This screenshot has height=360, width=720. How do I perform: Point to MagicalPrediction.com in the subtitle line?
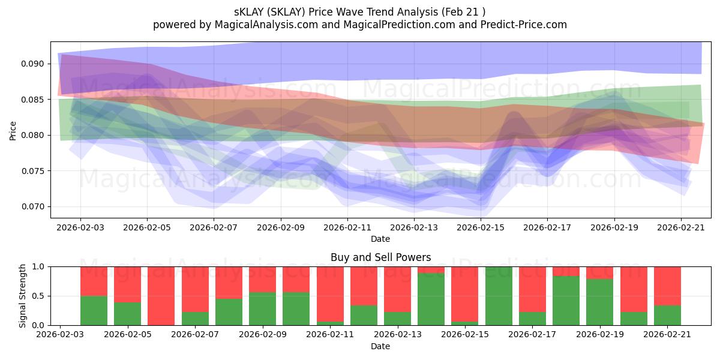[x=399, y=25]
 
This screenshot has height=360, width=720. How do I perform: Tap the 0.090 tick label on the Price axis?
[x=32, y=64]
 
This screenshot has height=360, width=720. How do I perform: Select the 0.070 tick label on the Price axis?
[x=32, y=206]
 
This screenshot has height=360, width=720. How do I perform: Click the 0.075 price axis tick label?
[x=32, y=170]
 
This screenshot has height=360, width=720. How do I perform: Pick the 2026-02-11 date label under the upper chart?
[x=347, y=227]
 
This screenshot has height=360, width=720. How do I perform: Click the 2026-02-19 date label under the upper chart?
[x=614, y=227]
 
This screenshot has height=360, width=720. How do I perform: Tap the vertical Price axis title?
[x=13, y=131]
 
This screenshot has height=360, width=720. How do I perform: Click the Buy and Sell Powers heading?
[x=380, y=257]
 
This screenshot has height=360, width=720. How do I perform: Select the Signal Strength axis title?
[x=22, y=296]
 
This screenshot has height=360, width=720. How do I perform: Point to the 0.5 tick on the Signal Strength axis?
[x=38, y=296]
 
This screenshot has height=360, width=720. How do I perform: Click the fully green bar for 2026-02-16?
[x=499, y=296]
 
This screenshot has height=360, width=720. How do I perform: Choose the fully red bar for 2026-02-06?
[x=161, y=296]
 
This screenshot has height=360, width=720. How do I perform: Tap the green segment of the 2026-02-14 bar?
[x=431, y=299]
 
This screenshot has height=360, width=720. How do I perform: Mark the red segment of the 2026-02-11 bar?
[x=330, y=294]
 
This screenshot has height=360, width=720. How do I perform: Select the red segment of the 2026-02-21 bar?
[x=667, y=286]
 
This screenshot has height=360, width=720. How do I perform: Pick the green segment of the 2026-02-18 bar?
[x=566, y=301]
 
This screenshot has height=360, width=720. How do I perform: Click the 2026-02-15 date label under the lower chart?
[x=465, y=335]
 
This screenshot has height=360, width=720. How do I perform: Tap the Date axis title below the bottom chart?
[x=380, y=346]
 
